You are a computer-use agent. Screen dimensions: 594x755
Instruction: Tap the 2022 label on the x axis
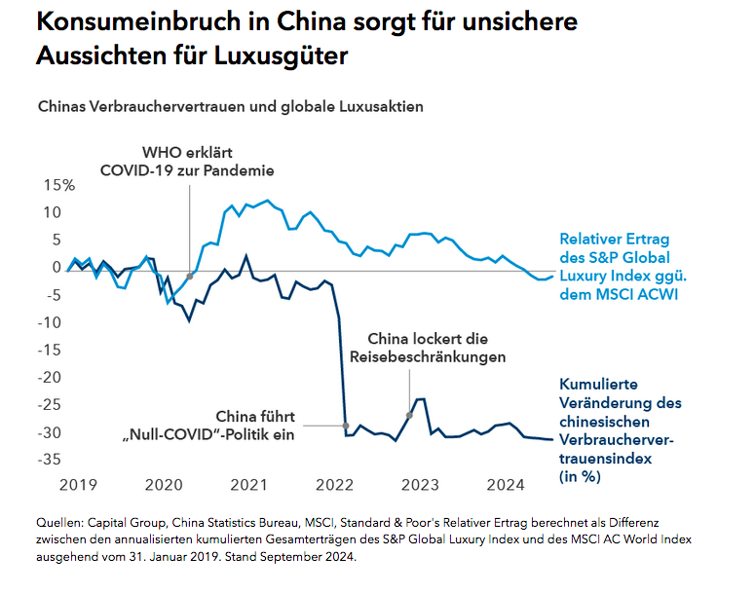pyautogui.click(x=335, y=484)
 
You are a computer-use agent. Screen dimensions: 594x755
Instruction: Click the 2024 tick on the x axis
pyautogui.click(x=506, y=484)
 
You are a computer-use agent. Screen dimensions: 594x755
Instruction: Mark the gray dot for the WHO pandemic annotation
pyautogui.click(x=190, y=277)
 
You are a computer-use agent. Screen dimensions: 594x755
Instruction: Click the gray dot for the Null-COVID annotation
pyautogui.click(x=346, y=426)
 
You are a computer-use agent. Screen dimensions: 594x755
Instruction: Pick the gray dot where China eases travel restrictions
pyautogui.click(x=409, y=415)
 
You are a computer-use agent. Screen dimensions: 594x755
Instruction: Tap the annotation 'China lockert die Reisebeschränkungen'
pyautogui.click(x=428, y=348)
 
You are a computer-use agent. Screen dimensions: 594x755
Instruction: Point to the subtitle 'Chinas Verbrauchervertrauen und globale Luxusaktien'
pyautogui.click(x=230, y=106)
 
